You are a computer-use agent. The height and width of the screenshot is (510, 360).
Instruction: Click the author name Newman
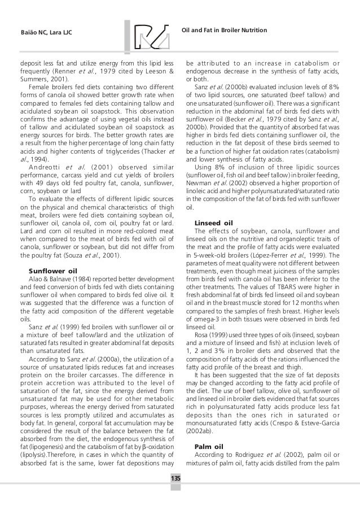pos(199,183)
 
